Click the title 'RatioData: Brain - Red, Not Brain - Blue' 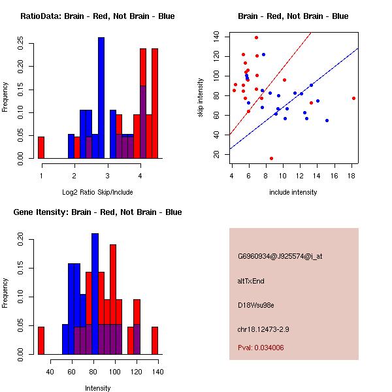pos(97,16)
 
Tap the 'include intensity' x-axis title pos(293,192)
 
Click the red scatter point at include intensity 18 pos(353,98)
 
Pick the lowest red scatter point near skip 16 pos(271,158)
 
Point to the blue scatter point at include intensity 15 pos(327,120)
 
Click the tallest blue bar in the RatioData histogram pos(101,98)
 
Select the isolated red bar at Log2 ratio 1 pos(41,147)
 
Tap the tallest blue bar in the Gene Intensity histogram pos(95,294)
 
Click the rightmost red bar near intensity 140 pos(155,340)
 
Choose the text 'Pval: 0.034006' pos(261,348)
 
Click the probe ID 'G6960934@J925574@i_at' pos(280,256)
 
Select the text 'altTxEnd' pos(251,281)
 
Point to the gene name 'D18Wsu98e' pos(255,304)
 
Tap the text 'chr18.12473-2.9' pos(263,329)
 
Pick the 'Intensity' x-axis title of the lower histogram pos(97,388)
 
